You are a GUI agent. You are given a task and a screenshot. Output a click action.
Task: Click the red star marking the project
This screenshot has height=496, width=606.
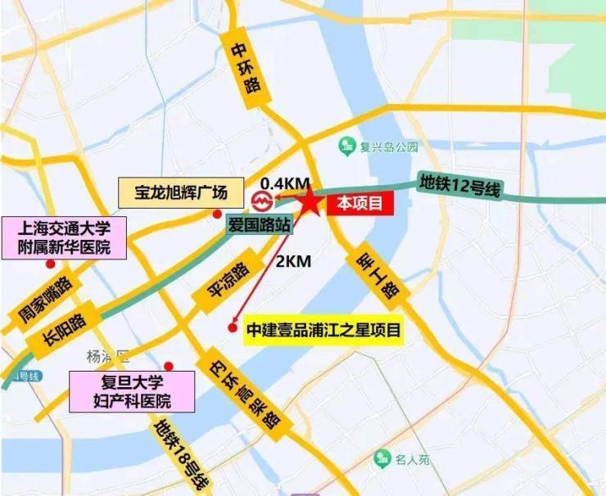(x=310, y=201)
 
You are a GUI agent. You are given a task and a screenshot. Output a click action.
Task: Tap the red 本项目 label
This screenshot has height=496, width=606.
(x=360, y=205)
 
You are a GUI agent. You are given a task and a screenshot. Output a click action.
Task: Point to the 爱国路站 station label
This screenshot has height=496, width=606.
(x=258, y=226)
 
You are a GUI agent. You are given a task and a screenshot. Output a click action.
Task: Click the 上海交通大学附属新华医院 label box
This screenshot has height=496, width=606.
(x=66, y=237)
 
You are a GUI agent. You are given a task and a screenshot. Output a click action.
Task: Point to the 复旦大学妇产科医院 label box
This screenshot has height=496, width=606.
(x=133, y=391)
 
